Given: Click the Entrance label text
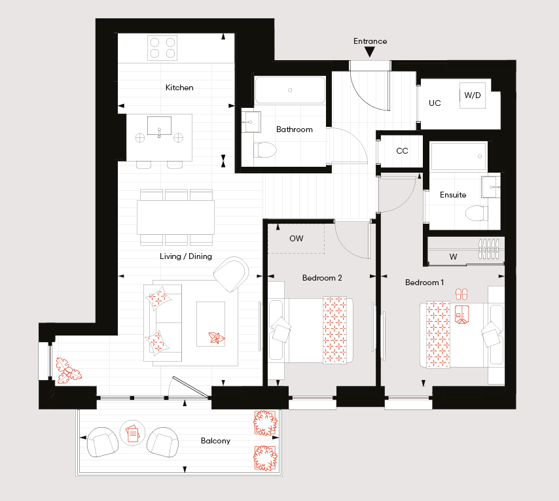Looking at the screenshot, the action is click(370, 41).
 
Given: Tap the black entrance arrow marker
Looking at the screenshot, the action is click(370, 52).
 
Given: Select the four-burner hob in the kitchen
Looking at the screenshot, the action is click(162, 48).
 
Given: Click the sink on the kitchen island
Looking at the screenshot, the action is click(159, 126).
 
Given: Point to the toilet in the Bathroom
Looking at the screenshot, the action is click(265, 150).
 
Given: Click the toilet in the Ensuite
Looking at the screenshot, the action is click(477, 213).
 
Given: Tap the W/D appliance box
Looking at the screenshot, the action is click(473, 95).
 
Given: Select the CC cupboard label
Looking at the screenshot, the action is click(402, 150).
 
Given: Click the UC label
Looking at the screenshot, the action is click(435, 103).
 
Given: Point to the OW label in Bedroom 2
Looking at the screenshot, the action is click(297, 238).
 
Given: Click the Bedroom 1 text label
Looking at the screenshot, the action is click(425, 283).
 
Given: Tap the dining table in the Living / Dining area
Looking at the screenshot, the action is click(176, 217).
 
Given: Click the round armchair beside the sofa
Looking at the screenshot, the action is click(231, 274).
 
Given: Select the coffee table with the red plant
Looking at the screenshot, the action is click(211, 324).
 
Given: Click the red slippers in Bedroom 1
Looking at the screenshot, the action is click(461, 294).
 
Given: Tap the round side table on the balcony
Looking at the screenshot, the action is click(132, 433).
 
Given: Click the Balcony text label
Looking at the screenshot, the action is click(216, 441).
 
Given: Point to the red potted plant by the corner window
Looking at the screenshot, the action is click(69, 371).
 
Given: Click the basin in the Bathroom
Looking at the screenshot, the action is click(251, 122).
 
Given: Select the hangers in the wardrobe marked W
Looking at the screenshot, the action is click(488, 249).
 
